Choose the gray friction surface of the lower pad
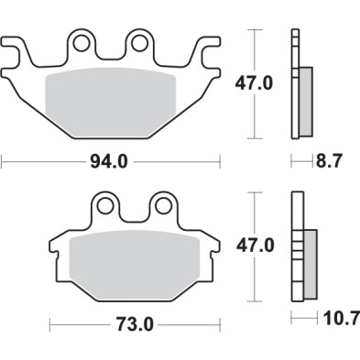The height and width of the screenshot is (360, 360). [134, 261]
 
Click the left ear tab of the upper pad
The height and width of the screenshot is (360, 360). [16, 50]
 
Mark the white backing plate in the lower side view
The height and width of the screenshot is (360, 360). [296, 247]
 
